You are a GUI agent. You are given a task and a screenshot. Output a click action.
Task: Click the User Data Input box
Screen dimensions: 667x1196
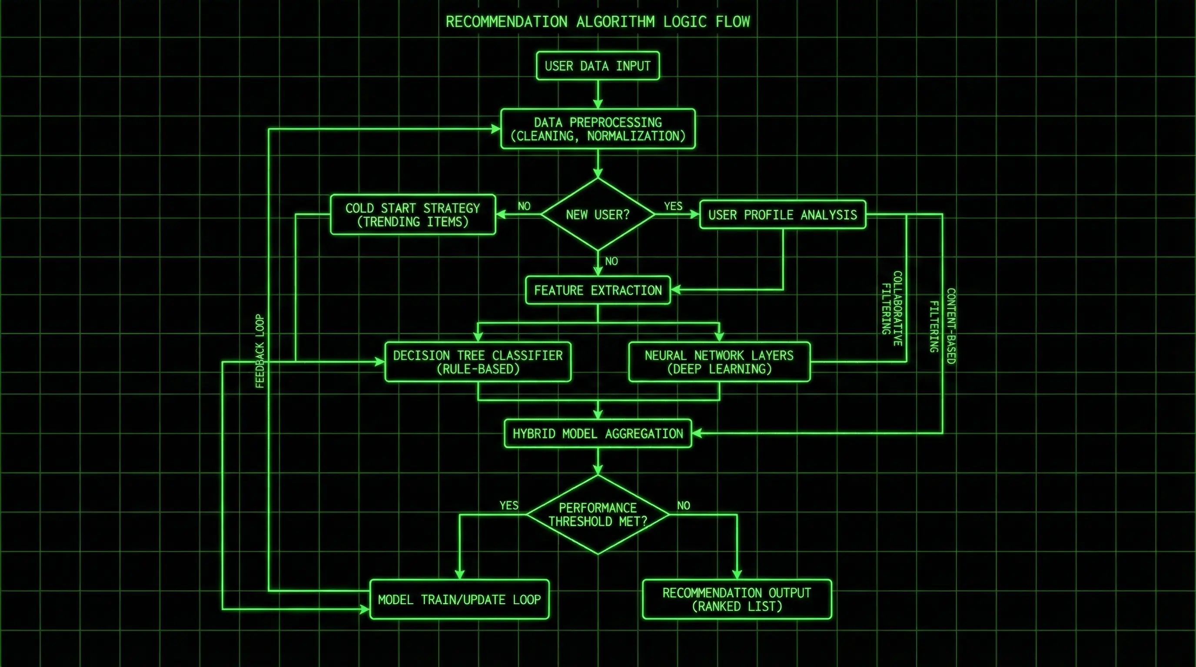598,66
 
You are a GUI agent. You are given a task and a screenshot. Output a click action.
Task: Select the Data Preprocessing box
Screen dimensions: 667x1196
598,129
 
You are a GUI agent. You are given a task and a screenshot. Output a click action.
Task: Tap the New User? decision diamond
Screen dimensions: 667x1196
598,214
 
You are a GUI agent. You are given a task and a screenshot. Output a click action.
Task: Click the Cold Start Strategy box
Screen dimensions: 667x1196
413,214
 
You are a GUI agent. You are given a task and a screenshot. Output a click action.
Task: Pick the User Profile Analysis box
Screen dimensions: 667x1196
782,214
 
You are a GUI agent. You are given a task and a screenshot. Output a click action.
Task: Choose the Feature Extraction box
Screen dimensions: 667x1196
598,291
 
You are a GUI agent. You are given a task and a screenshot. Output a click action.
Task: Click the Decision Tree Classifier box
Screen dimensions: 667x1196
478,362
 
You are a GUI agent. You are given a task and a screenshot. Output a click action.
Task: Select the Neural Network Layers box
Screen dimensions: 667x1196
719,362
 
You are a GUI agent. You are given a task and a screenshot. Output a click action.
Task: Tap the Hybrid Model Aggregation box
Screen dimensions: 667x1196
598,434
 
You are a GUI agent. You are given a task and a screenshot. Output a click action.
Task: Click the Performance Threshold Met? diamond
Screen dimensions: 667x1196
598,515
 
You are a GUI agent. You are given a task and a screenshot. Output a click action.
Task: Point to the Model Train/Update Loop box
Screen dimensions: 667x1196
459,599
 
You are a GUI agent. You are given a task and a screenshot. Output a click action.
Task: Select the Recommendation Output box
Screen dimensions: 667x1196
736,599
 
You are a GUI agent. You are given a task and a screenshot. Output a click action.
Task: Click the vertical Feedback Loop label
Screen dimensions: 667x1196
259,351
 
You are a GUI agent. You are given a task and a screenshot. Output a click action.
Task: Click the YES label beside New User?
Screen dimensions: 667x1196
673,206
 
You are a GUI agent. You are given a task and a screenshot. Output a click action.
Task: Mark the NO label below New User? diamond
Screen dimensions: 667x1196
611,261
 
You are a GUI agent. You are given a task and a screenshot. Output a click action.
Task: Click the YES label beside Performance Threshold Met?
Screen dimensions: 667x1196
509,505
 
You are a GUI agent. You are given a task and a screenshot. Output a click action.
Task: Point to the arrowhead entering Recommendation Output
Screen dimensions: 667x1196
736,575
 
